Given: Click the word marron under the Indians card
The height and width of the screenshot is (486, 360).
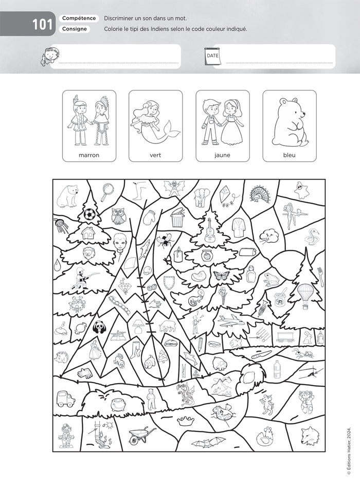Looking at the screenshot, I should (x=89, y=154).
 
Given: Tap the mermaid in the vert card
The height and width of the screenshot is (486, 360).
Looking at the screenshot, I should (x=156, y=122).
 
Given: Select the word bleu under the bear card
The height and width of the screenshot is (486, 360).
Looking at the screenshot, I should (x=290, y=154).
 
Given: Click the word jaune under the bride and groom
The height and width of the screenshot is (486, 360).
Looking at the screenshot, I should (x=223, y=154).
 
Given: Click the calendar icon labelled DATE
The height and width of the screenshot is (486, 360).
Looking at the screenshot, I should (x=212, y=56).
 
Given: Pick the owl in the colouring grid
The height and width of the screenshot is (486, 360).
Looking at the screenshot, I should (x=118, y=216).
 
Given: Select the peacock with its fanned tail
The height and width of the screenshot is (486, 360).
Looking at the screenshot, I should (x=259, y=194).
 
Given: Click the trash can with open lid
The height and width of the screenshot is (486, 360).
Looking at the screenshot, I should (x=177, y=218).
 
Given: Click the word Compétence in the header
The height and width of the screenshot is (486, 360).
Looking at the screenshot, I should (x=79, y=19).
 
